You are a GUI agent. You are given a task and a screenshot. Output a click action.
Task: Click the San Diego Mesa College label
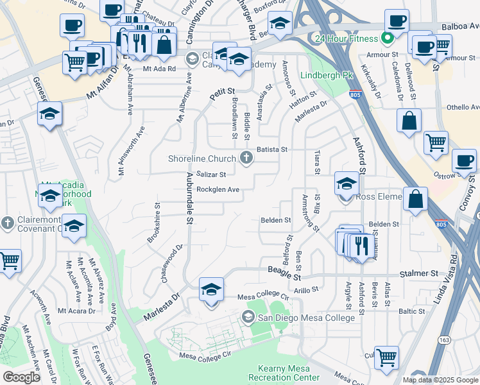[306, 318]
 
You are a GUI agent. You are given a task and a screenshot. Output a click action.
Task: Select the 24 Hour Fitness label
[347, 38]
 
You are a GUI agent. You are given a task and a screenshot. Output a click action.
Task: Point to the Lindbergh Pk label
[327, 75]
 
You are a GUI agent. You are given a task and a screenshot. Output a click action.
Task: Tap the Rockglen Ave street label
[218, 190]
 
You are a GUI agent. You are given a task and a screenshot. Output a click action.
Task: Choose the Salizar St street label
[212, 174]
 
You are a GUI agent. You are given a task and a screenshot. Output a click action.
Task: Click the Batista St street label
[272, 149]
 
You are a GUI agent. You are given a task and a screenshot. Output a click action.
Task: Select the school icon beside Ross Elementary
[346, 184]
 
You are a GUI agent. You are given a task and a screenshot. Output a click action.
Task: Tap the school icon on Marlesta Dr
[211, 289]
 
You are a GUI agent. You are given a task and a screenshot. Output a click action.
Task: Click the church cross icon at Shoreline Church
[246, 158]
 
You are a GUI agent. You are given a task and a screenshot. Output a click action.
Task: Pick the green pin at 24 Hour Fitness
[386, 38]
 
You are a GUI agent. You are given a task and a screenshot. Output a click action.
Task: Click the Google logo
[22, 377]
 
